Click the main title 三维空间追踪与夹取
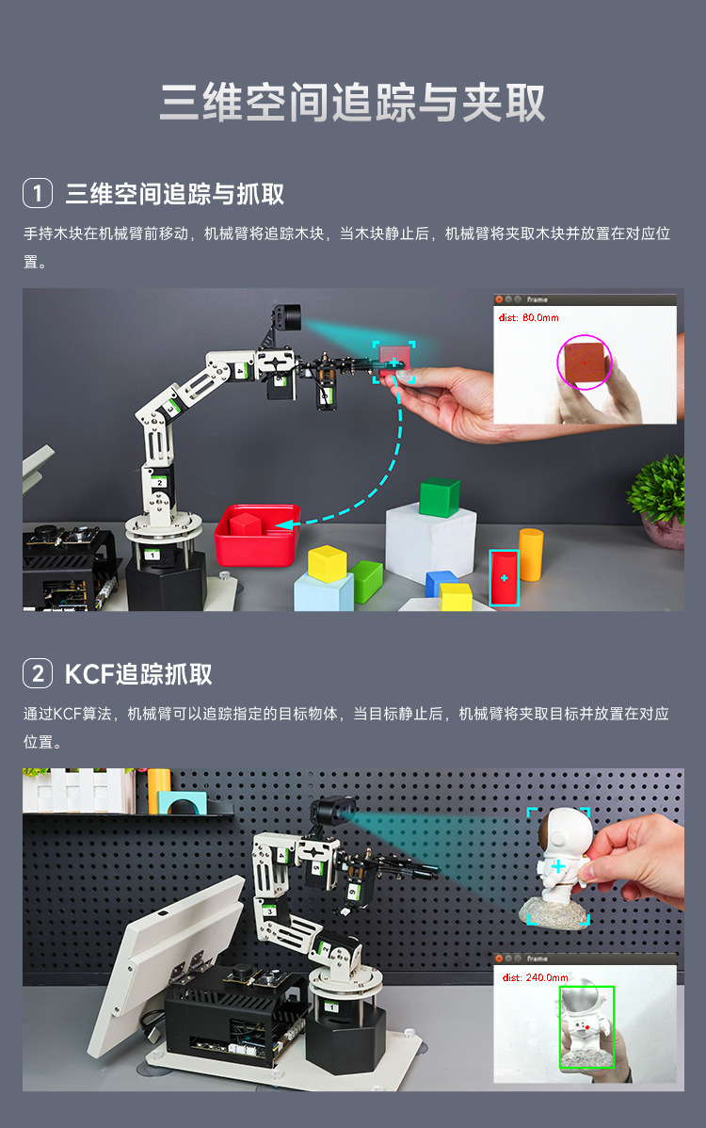(x=352, y=103)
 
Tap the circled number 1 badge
(x=38, y=194)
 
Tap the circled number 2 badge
(x=38, y=673)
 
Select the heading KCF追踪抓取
(x=138, y=673)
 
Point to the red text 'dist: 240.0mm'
(x=534, y=977)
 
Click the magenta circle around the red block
(x=585, y=363)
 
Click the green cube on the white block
(x=440, y=497)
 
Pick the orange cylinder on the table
(x=531, y=554)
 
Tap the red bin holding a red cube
(x=256, y=537)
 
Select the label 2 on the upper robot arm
(x=160, y=481)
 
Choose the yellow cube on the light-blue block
(x=328, y=563)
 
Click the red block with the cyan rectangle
(x=504, y=576)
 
